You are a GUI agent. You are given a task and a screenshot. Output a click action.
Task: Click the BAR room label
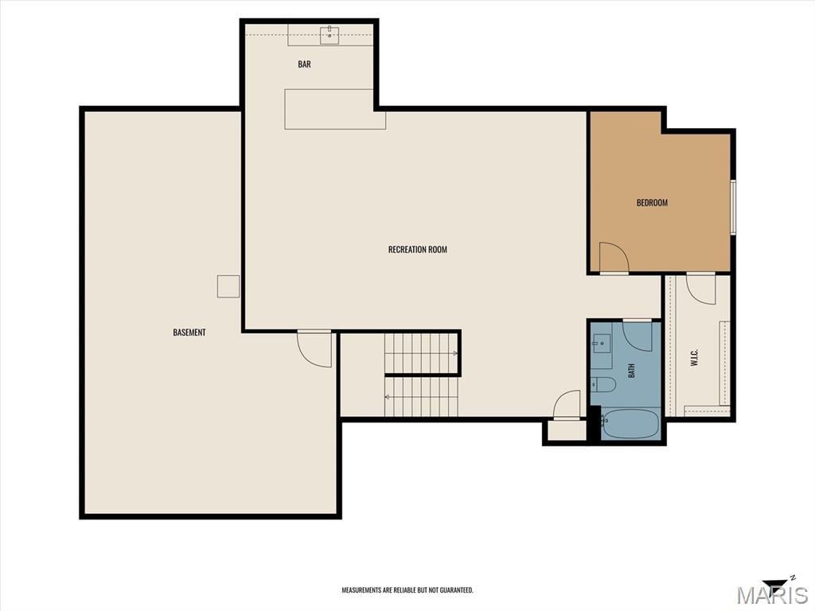click(304, 64)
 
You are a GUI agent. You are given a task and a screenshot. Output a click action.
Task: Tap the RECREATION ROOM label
click(417, 249)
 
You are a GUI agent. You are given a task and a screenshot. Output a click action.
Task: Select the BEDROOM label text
click(652, 203)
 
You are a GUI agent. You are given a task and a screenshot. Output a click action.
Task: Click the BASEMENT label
click(189, 333)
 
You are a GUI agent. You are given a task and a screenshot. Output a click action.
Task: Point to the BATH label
click(631, 371)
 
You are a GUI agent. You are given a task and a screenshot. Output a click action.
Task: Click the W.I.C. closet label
click(694, 357)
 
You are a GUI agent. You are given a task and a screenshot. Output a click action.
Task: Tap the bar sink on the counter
click(330, 35)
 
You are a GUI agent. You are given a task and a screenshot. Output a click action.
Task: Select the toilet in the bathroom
click(603, 384)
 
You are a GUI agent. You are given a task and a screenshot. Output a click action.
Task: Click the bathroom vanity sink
click(602, 344)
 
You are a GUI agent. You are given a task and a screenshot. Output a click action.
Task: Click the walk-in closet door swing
click(700, 289)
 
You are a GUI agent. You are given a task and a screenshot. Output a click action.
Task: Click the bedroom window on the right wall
click(733, 207)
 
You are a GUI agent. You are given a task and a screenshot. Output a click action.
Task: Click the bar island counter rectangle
click(335, 109)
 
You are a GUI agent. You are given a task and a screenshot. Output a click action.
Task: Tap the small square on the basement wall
click(228, 286)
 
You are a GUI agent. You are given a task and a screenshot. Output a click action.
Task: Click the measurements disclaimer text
click(407, 590)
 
